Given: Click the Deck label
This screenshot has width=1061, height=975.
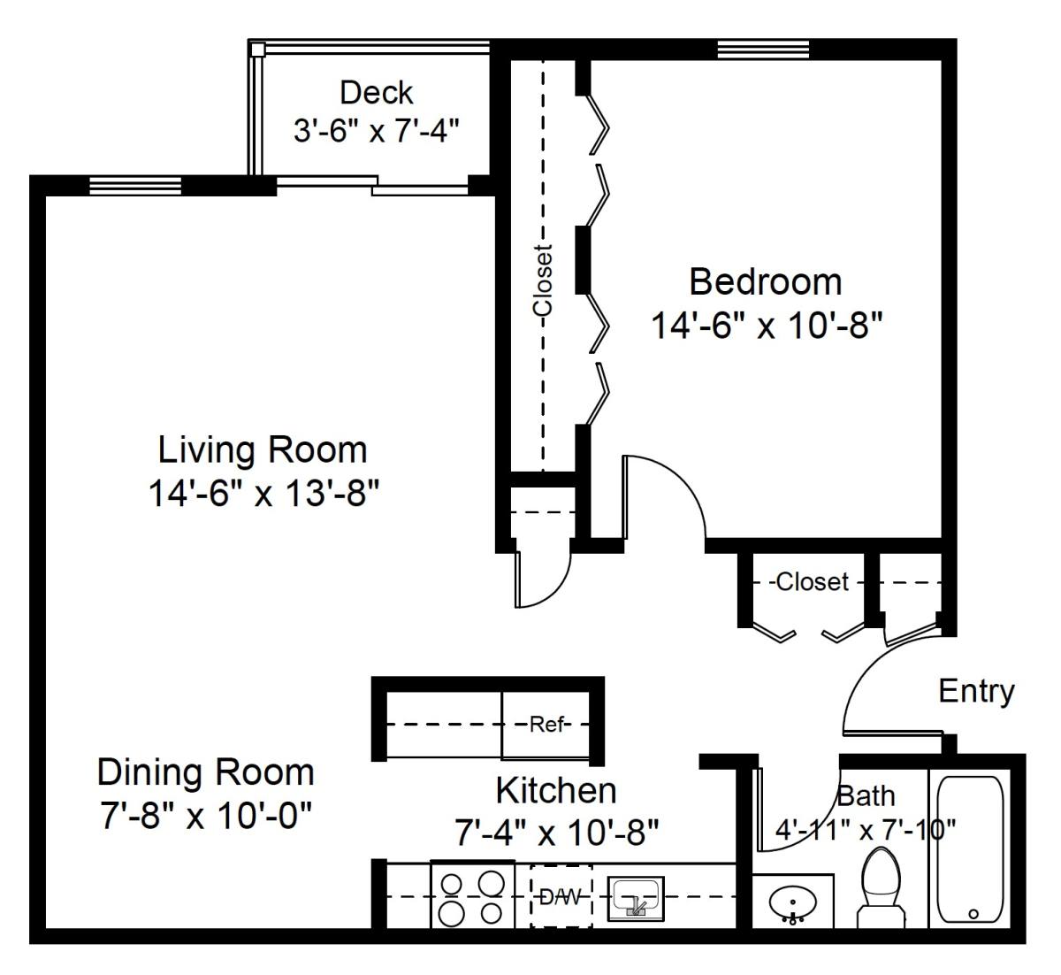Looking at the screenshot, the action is (x=376, y=93).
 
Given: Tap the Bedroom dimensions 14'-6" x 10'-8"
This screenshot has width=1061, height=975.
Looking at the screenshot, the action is (x=767, y=325).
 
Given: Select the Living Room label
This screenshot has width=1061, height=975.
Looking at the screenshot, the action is (x=263, y=450).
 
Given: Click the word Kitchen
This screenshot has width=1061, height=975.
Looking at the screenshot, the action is (x=556, y=790).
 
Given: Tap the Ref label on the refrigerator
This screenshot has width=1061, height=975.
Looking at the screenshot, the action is (x=547, y=724).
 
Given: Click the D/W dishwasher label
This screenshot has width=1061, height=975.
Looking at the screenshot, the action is (x=560, y=896).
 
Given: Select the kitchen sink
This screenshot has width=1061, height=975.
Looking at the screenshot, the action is (x=635, y=899).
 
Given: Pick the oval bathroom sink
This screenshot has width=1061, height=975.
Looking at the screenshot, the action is (x=792, y=902).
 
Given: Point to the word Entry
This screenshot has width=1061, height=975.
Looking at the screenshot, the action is (x=976, y=691).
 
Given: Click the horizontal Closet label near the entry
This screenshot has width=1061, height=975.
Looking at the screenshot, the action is (x=812, y=581).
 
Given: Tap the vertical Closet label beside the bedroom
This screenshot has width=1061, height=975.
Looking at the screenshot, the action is (x=543, y=280).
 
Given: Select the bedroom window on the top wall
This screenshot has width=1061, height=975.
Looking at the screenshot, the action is (x=763, y=50).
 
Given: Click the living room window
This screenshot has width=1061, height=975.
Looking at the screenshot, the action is (x=135, y=186).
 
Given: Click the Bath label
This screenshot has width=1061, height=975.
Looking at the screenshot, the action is (x=866, y=796).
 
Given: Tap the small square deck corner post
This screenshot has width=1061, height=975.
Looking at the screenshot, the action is (x=257, y=50).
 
